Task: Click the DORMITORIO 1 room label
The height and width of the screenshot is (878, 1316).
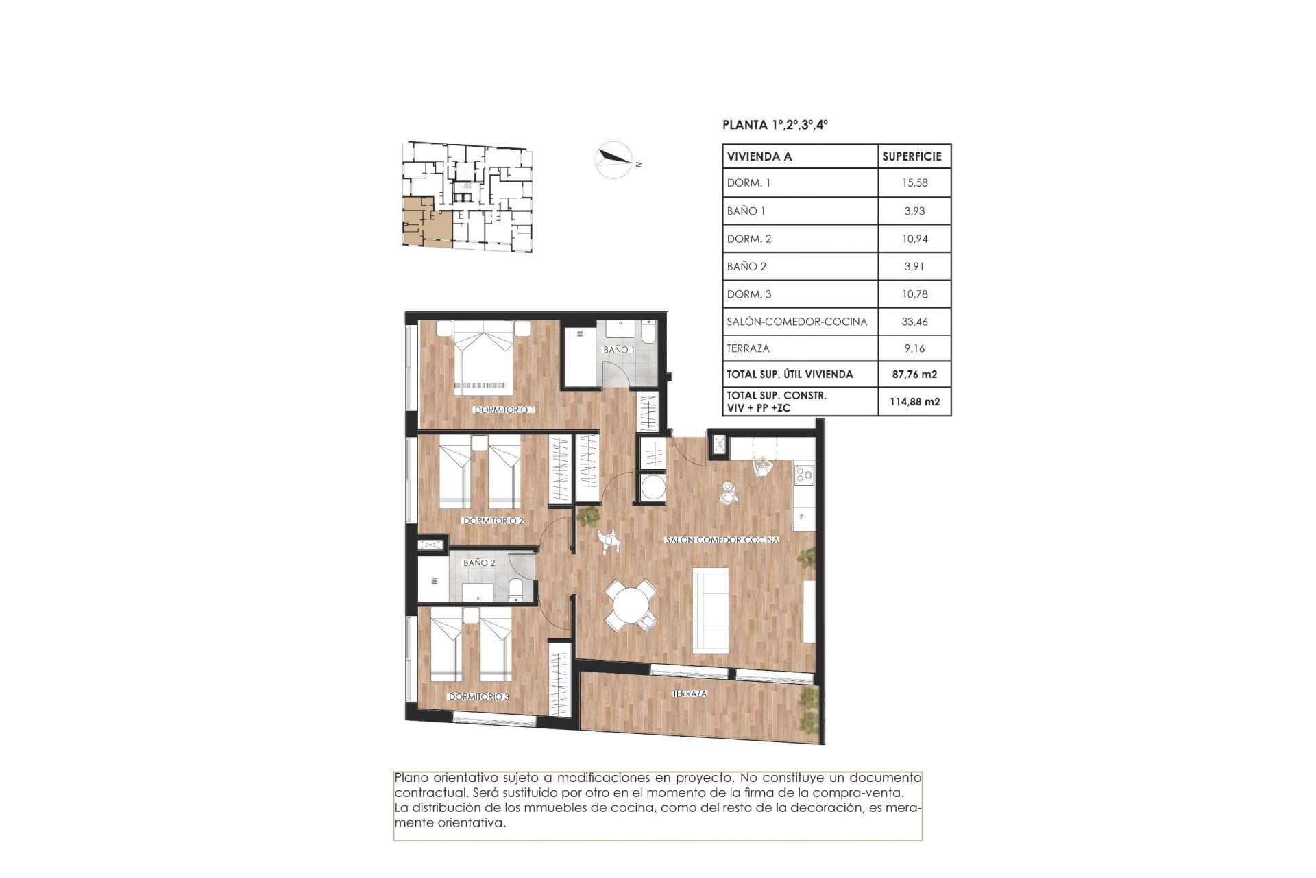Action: pos(504,410)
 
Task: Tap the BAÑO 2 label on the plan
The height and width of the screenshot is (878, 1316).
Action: pos(479,562)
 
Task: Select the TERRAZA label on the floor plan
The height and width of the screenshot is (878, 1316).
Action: pos(690,693)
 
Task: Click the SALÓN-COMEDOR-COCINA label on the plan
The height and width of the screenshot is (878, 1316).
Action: pos(722,540)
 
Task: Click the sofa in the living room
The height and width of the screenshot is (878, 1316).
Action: pos(711,610)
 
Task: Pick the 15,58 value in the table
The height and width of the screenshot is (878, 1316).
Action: pos(914,183)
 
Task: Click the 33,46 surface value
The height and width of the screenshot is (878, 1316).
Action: pos(914,321)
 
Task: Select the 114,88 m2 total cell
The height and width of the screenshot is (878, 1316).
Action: pos(914,402)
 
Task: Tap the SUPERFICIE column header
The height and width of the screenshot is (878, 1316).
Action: pos(912,156)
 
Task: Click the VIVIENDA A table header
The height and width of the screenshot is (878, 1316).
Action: pos(759,156)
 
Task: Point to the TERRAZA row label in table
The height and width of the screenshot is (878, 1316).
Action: pos(748,348)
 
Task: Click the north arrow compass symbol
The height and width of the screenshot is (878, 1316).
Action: pos(613,159)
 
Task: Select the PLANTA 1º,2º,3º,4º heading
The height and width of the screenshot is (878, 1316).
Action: pos(775,125)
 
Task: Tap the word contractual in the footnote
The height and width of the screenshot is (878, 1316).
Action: pos(426,793)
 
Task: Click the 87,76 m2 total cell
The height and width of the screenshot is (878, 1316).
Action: pos(914,375)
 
